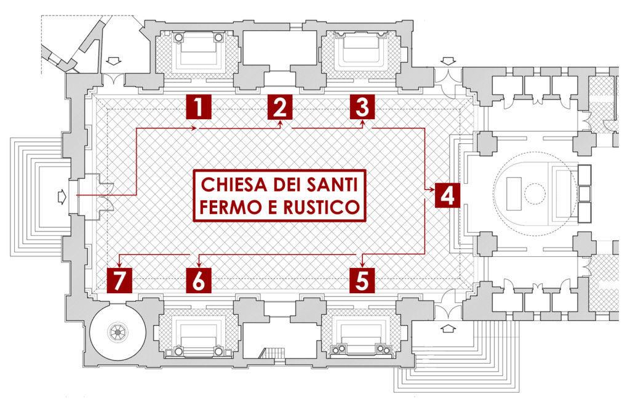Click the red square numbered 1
[199, 107]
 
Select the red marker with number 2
[280, 107]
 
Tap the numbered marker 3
[362, 107]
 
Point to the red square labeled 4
[448, 195]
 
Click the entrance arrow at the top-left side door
[114, 61]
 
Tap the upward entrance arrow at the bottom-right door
[449, 328]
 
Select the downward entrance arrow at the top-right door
[449, 61]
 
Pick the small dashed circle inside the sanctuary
[535, 194]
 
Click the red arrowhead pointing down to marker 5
[362, 264]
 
